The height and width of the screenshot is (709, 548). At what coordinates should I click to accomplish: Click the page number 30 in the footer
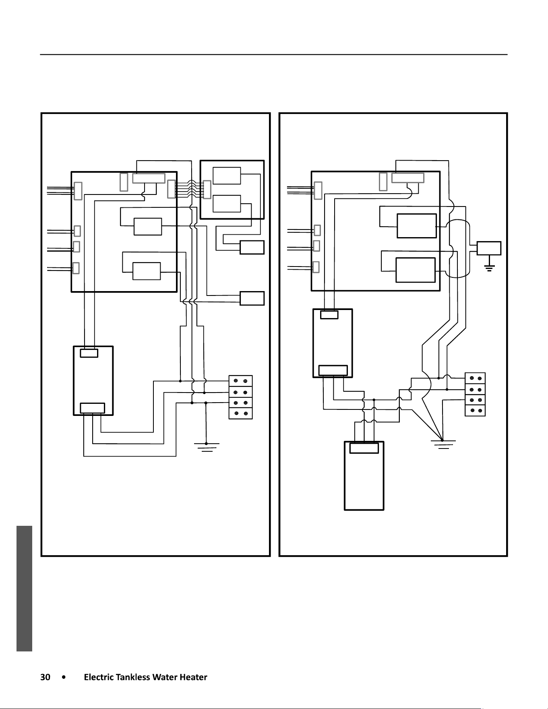click(45, 677)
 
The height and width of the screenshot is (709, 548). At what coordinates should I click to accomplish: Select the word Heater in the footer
click(193, 677)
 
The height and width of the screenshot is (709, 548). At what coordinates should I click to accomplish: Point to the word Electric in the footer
click(99, 677)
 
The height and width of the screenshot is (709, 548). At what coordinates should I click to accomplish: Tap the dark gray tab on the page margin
click(24, 588)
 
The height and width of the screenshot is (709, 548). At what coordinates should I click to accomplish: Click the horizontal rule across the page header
click(273, 54)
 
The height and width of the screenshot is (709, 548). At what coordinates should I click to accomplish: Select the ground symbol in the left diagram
click(207, 447)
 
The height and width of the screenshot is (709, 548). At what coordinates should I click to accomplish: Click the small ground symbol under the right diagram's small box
click(489, 269)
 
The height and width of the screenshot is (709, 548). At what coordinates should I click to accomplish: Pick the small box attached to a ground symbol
click(489, 248)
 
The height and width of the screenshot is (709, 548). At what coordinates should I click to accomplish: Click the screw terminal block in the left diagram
click(241, 397)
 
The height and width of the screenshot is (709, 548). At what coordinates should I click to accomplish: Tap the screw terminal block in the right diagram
click(475, 394)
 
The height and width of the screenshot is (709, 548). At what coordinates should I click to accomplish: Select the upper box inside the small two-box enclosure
click(227, 176)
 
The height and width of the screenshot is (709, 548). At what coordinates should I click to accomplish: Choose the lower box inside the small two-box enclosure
click(227, 204)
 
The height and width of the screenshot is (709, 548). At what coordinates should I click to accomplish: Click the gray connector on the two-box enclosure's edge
click(207, 190)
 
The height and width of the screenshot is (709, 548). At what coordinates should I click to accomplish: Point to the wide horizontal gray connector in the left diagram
click(149, 178)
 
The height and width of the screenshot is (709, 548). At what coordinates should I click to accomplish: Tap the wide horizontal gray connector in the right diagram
click(408, 178)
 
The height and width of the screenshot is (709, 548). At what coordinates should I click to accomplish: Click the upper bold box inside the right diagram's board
click(417, 226)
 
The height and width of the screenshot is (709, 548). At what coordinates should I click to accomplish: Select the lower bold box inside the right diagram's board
click(416, 270)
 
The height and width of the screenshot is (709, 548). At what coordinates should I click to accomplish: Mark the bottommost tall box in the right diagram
click(364, 476)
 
